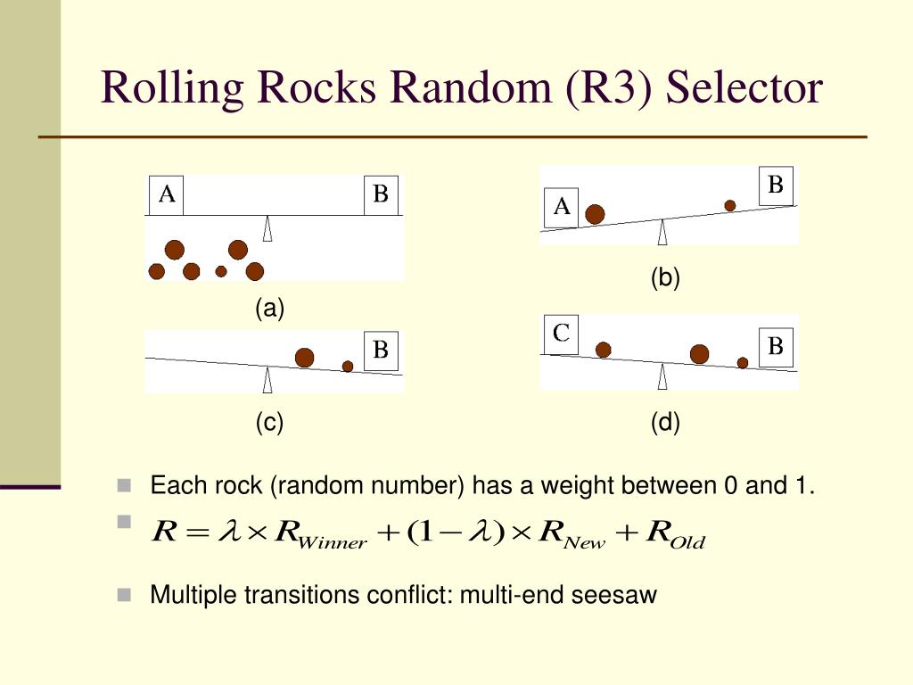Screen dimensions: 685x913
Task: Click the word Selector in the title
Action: coord(744,88)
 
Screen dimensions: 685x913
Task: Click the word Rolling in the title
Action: coord(172,88)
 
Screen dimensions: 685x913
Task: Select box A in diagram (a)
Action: coord(166,195)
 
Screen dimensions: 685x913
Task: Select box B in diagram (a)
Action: coord(381,195)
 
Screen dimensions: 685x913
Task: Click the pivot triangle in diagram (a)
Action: coord(267,228)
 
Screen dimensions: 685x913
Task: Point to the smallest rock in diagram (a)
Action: coord(221,271)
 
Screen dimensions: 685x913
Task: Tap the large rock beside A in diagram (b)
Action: coord(595,214)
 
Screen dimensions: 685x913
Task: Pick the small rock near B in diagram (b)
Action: coord(730,205)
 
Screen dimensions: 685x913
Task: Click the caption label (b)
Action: coord(665,278)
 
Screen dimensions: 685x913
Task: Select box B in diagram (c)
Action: coord(381,351)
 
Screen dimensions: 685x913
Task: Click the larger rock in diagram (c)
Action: coord(305,358)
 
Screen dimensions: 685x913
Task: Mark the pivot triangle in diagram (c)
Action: coord(267,382)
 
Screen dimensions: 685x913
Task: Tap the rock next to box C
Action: coord(604,350)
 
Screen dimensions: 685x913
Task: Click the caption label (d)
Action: coord(665,423)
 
